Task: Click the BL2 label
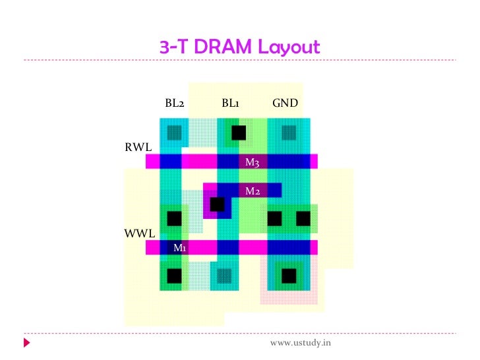174,104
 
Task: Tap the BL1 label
231,104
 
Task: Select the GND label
285,104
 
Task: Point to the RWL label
138,147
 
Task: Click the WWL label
139,233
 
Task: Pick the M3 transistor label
252,162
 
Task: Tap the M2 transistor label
252,191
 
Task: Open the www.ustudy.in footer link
301,344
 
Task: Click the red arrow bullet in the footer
27,344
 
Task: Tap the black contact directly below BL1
239,133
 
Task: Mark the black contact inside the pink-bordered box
288,275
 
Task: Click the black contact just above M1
174,218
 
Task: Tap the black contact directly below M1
174,275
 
